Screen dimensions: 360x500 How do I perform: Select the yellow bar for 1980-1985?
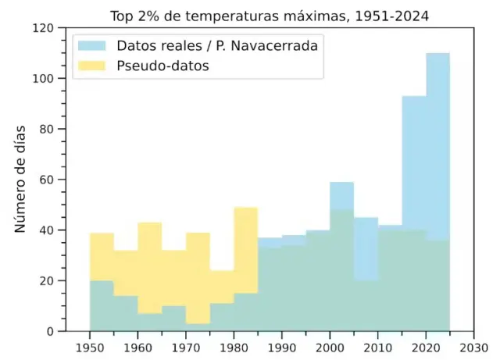246,250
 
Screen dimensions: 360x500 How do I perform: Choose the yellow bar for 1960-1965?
150,266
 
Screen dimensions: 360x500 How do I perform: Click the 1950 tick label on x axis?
90,346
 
